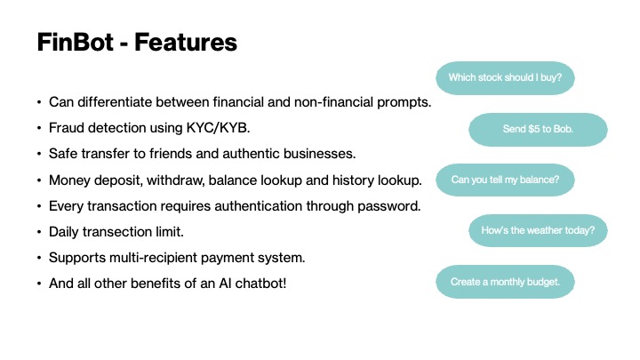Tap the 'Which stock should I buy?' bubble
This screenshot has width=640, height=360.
505,77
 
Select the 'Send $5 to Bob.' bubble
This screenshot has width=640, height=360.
538,129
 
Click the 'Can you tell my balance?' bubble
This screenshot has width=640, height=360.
505,180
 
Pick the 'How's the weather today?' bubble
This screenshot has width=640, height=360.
538,231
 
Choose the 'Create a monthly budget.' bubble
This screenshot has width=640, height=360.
505,282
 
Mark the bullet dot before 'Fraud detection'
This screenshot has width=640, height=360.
40,129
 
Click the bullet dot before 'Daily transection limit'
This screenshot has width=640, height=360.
40,232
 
